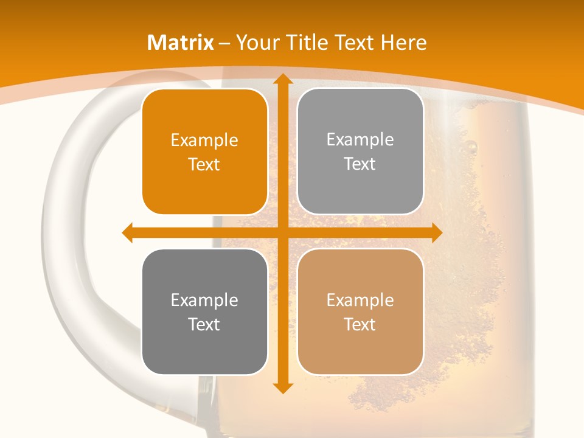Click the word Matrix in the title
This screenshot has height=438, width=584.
point(181,43)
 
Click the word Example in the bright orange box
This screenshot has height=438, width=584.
point(204,141)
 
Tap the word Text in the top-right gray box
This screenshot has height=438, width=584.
point(360,164)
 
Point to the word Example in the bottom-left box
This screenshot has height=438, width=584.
point(204,301)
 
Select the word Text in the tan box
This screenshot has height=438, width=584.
point(360,324)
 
